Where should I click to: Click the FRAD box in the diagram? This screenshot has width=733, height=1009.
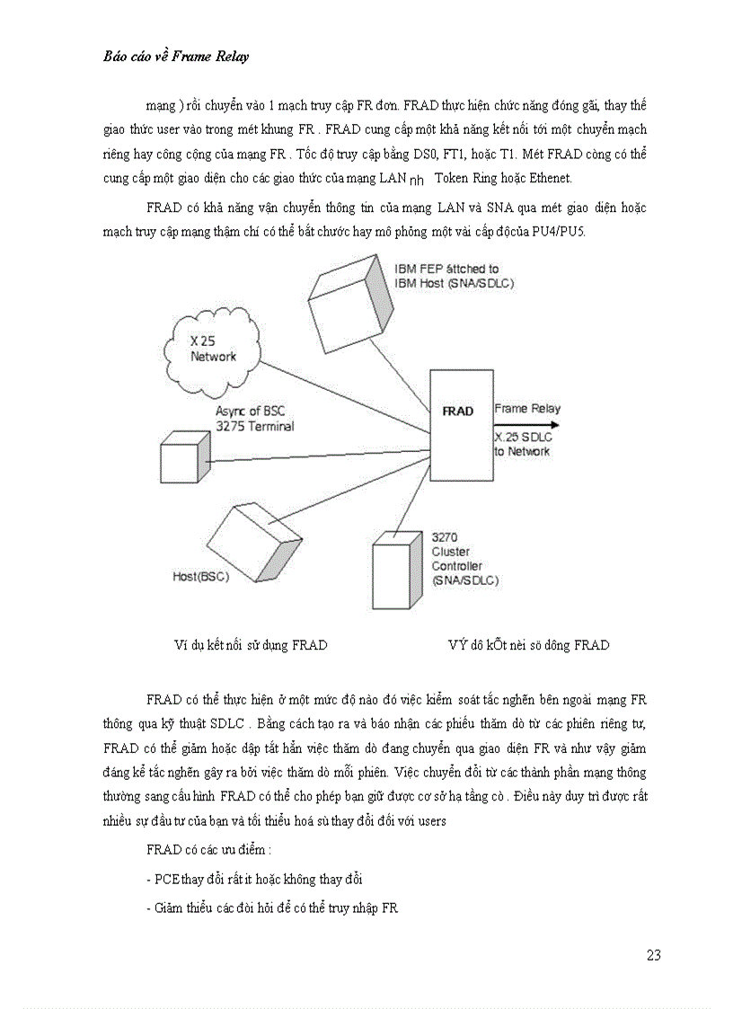[457, 412]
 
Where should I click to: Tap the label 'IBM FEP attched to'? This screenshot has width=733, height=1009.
[446, 269]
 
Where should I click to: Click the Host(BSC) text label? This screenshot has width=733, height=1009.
[200, 576]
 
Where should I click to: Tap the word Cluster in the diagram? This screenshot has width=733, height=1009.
[451, 552]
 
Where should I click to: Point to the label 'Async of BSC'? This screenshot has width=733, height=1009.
[248, 412]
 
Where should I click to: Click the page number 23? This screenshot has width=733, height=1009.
[653, 955]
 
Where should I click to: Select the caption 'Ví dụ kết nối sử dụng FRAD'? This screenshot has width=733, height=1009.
[251, 645]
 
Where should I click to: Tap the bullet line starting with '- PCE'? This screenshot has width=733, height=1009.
[254, 879]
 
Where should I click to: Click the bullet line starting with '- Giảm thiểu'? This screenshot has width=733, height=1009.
[271, 908]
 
